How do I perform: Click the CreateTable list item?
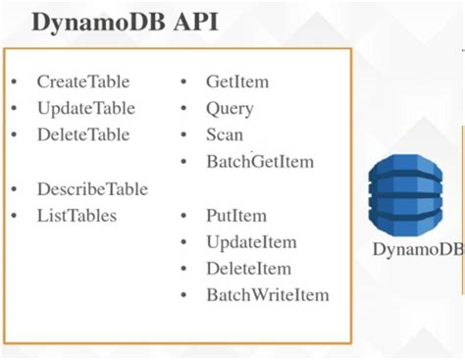tap(83, 82)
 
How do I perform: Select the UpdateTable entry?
tap(85, 109)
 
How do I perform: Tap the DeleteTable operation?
tap(83, 135)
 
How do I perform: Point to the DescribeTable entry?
tap(92, 188)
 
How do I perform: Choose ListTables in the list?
tap(77, 215)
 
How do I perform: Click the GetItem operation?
tap(236, 82)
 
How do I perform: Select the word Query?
tap(230, 109)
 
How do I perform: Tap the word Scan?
tap(225, 135)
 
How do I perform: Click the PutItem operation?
tap(235, 215)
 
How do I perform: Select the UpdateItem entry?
tap(251, 242)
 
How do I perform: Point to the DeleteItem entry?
tap(249, 269)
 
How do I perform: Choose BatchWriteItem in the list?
tap(267, 295)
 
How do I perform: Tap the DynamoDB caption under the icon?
tap(418, 249)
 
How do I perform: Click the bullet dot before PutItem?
tap(183, 216)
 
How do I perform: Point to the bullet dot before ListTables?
tap(15, 216)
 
